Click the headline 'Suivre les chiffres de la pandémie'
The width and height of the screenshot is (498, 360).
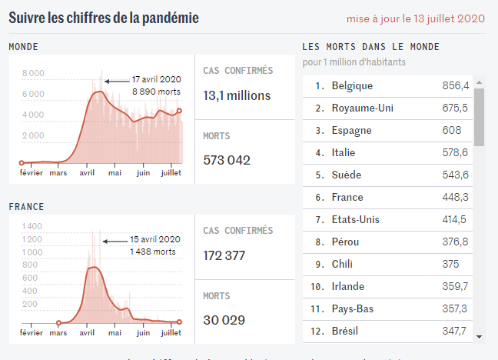pyautogui.click(x=104, y=18)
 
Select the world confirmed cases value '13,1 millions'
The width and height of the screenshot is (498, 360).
pyautogui.click(x=237, y=96)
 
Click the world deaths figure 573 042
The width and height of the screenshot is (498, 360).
pyautogui.click(x=227, y=161)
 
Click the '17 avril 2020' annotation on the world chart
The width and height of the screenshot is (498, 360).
pyautogui.click(x=156, y=79)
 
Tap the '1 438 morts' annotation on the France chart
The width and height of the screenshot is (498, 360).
pyautogui.click(x=153, y=252)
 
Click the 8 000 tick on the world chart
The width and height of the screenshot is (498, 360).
pyautogui.click(x=33, y=74)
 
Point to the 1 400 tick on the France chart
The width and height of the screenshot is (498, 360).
pyautogui.click(x=32, y=227)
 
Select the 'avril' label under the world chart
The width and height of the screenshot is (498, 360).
pyautogui.click(x=87, y=173)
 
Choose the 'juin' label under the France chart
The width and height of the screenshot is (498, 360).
pyautogui.click(x=143, y=333)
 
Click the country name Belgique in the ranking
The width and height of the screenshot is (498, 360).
pyautogui.click(x=352, y=86)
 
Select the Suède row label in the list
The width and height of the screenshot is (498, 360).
pyautogui.click(x=346, y=175)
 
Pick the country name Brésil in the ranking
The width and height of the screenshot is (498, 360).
pyautogui.click(x=347, y=332)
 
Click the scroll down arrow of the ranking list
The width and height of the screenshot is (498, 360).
pyautogui.click(x=479, y=336)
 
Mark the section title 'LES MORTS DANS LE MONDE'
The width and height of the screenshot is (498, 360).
pyautogui.click(x=370, y=47)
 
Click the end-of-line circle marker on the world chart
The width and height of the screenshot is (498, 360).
pyautogui.click(x=179, y=111)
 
